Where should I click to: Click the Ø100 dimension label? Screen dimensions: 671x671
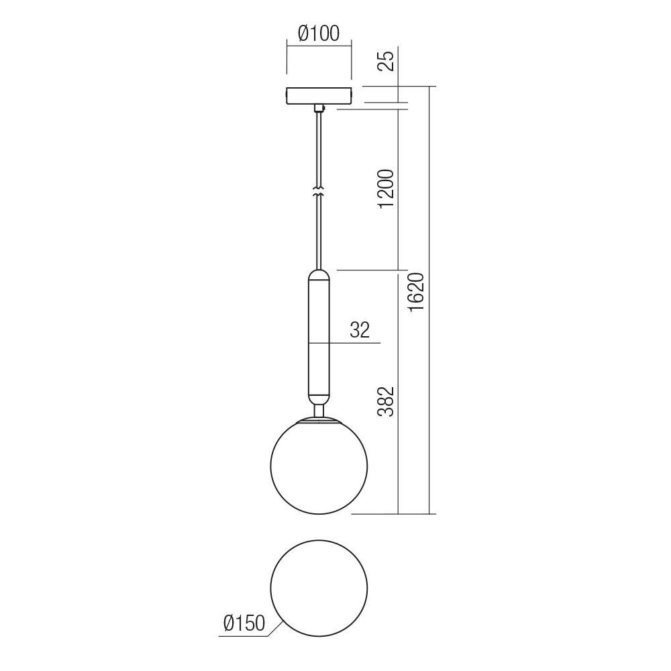pos(319,33)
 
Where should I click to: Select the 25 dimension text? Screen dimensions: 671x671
pos(386,62)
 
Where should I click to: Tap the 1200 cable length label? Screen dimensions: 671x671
pos(386,189)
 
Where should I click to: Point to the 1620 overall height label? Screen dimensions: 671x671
pos(417,292)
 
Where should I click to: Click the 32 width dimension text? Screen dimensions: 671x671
pos(360,330)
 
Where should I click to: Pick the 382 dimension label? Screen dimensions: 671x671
pos(386,402)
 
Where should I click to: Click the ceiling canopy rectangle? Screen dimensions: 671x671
pos(319,96)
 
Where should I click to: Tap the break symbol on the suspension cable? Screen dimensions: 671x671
pos(319,191)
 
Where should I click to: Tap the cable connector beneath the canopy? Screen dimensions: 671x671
pos(319,107)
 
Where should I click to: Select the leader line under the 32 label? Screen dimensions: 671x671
pos(356,343)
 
